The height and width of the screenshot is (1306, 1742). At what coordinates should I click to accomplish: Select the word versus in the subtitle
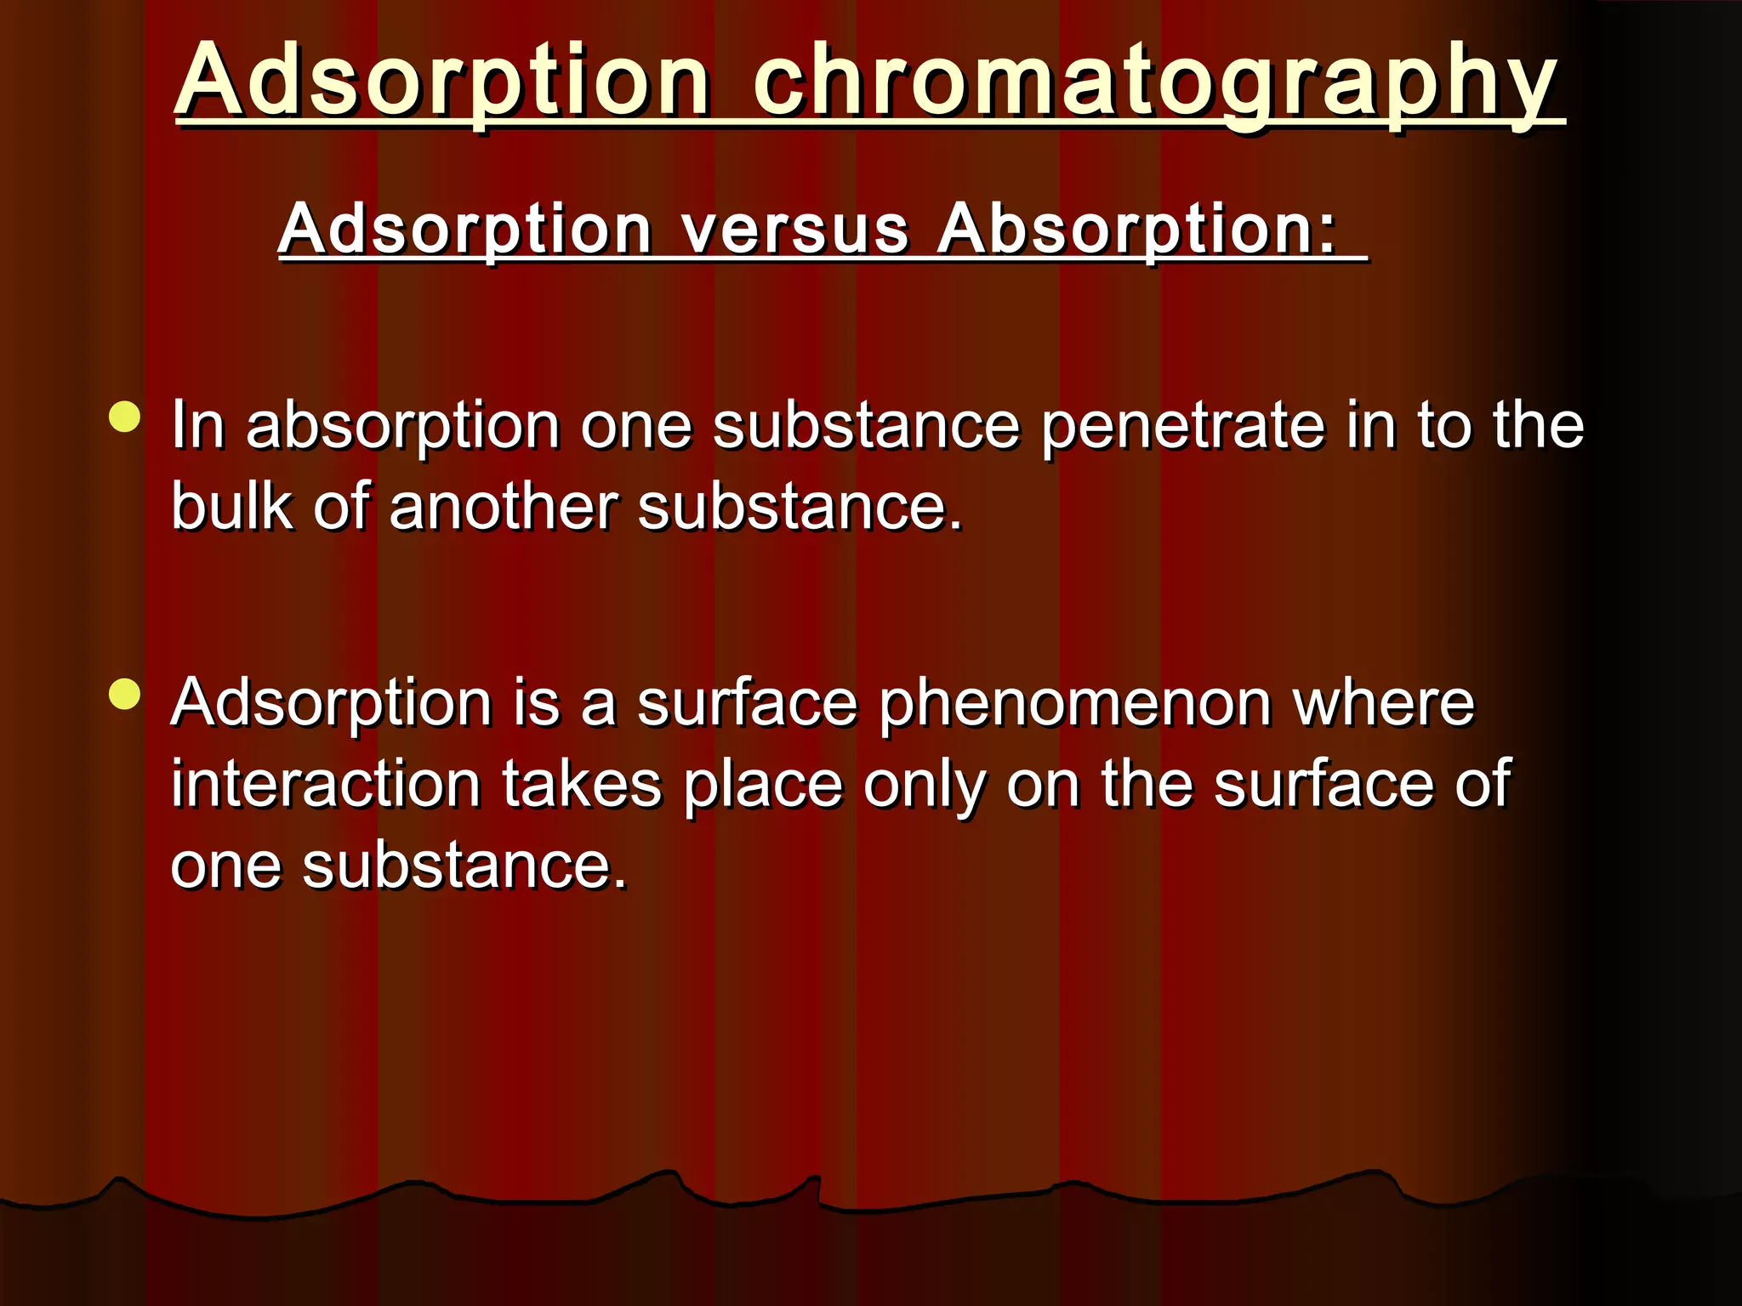click(795, 230)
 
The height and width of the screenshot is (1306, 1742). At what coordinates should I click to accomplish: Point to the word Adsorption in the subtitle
click(465, 230)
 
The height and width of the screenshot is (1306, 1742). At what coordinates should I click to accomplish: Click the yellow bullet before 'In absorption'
click(125, 417)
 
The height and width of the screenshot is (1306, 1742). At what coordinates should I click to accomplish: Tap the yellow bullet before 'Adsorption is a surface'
click(125, 694)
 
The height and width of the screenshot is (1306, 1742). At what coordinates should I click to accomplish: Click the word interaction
click(327, 784)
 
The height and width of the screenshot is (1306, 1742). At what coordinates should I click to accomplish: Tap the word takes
click(582, 784)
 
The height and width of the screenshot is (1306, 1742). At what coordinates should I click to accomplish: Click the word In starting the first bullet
click(198, 425)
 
